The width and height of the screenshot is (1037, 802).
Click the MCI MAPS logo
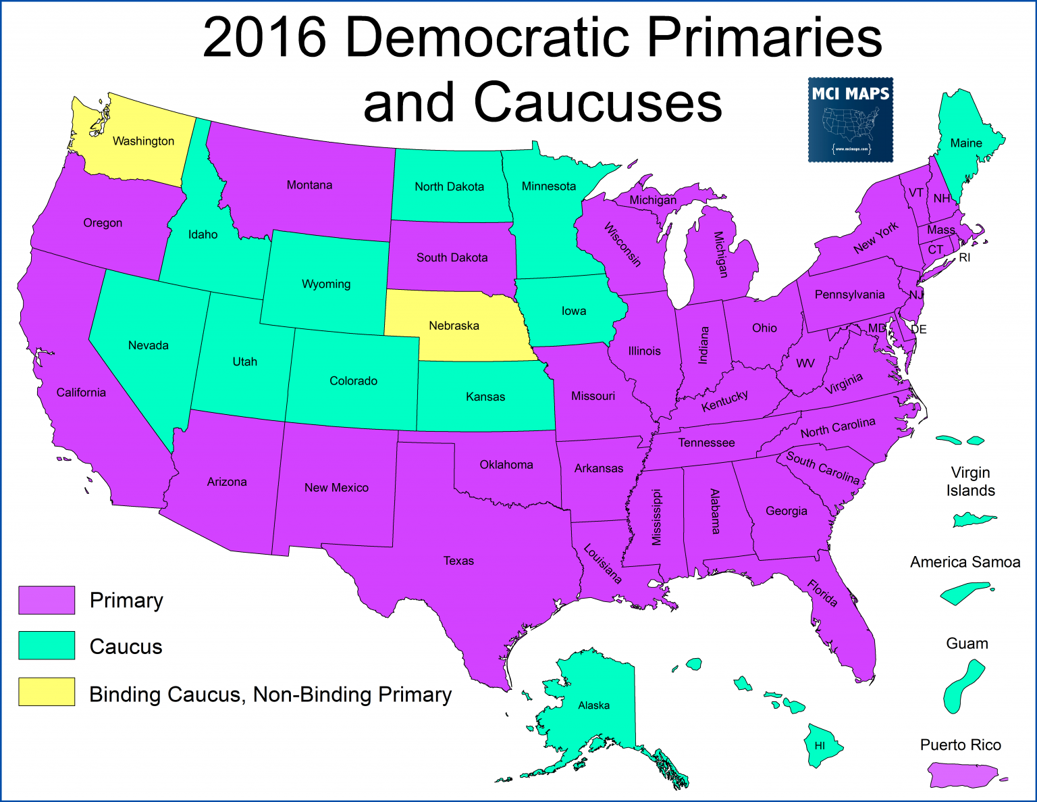[x=850, y=120]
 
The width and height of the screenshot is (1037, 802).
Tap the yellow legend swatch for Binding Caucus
[x=47, y=692]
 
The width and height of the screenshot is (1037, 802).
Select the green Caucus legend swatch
[x=47, y=645]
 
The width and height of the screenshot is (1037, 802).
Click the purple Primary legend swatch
[x=47, y=600]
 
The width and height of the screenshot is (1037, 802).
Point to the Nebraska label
[x=454, y=326]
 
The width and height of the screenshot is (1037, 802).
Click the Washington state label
[x=143, y=141]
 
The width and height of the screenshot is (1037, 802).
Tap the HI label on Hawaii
[x=819, y=746]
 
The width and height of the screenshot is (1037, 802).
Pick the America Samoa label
[x=965, y=562]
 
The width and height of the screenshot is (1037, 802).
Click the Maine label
[x=966, y=143]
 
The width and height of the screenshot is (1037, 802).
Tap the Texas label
[x=458, y=561]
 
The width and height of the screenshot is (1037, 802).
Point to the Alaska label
[x=593, y=705]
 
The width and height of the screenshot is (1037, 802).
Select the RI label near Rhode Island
[x=964, y=257]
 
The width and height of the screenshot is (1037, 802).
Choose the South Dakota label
[x=452, y=257]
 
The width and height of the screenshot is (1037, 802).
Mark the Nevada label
[x=149, y=345]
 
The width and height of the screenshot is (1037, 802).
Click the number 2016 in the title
[x=265, y=38]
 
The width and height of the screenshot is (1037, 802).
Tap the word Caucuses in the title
[x=597, y=103]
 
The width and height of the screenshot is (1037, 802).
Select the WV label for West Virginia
[x=805, y=364]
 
